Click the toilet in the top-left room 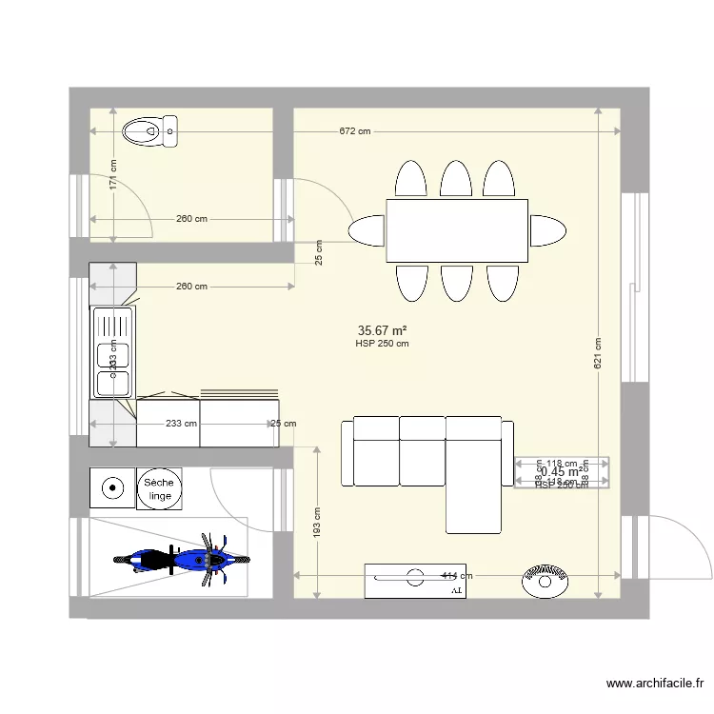click(x=151, y=130)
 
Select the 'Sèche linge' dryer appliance click(x=159, y=489)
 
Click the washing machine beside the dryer click(x=112, y=489)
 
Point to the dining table click(x=457, y=230)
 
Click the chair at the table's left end click(x=367, y=230)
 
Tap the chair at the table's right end click(x=547, y=230)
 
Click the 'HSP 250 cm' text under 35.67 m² click(x=382, y=344)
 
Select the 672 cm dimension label click(x=354, y=131)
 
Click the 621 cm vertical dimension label click(x=598, y=353)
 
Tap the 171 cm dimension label click(x=113, y=174)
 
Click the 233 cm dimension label click(x=181, y=424)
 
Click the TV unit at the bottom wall click(x=414, y=581)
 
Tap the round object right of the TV click(x=545, y=580)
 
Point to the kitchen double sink click(x=112, y=351)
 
